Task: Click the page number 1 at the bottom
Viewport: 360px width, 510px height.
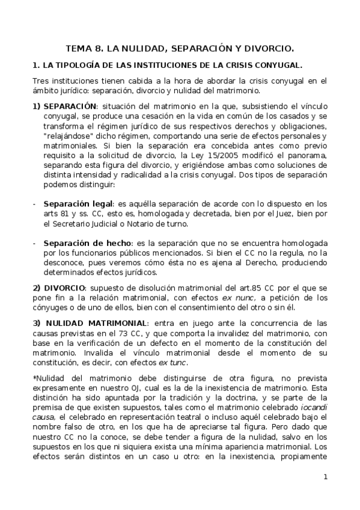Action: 325,478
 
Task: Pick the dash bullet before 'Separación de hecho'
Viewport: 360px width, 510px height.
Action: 34,243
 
